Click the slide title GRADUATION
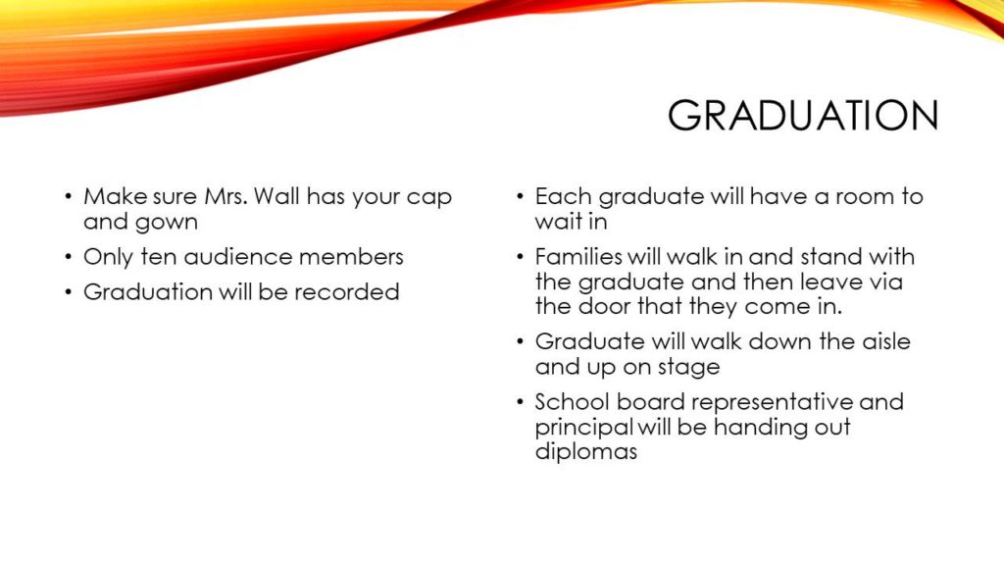(803, 116)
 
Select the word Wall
(276, 196)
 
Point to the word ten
(159, 257)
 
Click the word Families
(578, 257)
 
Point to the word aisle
(886, 341)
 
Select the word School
(572, 401)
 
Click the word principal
(584, 428)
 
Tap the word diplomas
(586, 451)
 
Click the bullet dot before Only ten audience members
(69, 257)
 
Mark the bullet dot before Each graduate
(520, 196)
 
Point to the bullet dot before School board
(520, 402)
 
